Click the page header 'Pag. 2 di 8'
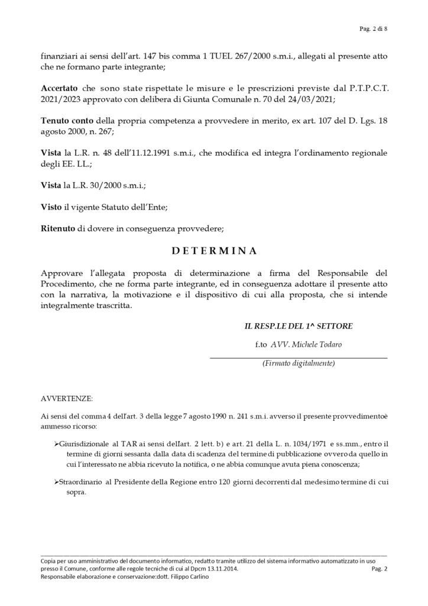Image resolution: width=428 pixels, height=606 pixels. point(373,28)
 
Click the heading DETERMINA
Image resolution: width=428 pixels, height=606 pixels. point(214,250)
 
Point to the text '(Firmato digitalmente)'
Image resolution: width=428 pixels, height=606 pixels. point(299,363)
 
